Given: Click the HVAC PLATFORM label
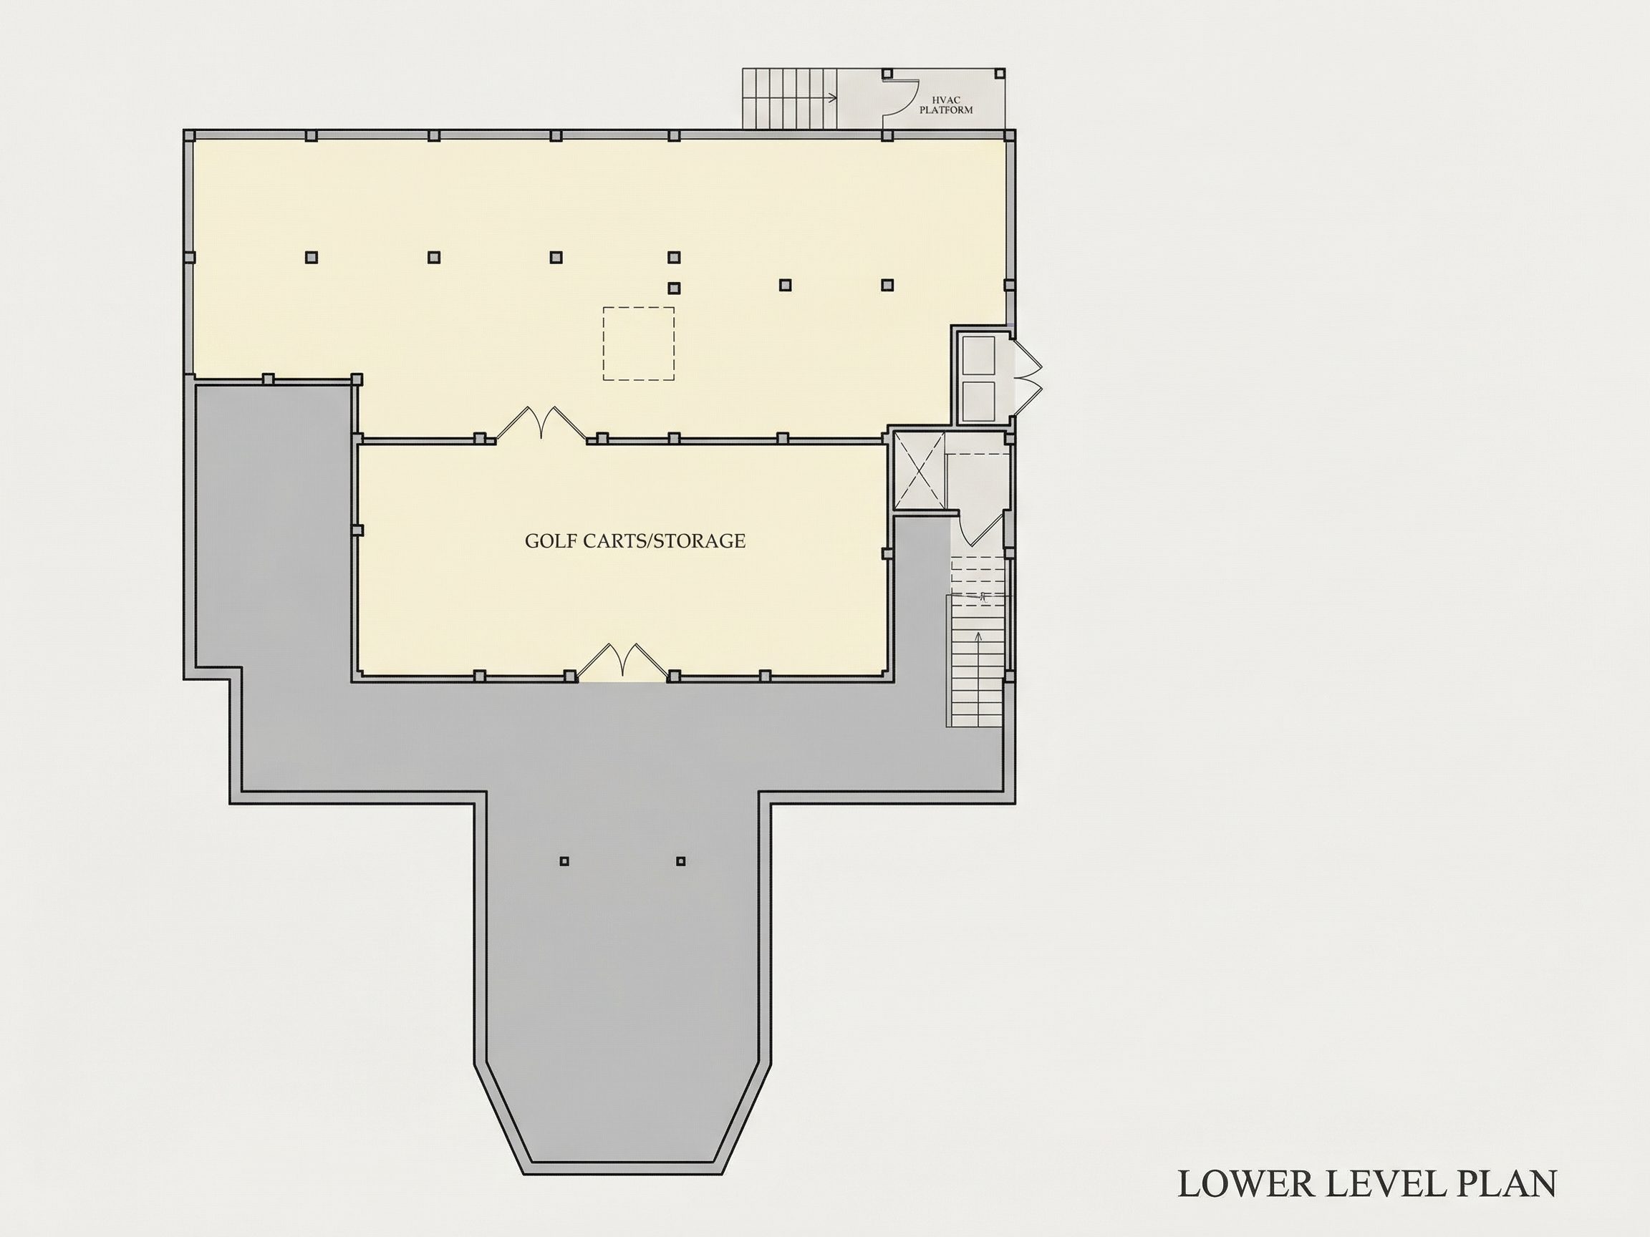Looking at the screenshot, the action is click(946, 105).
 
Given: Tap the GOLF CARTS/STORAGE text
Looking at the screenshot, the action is click(635, 541).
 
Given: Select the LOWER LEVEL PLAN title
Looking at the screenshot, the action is click(1367, 1184).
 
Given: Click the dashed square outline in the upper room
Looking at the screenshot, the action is click(639, 344).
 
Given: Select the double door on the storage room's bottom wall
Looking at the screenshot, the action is click(623, 661).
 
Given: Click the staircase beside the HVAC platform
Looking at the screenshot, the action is click(790, 98).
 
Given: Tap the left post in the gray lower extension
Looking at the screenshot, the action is click(564, 861).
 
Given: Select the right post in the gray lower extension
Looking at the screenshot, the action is click(680, 861).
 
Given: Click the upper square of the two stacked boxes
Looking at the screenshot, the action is click(979, 356).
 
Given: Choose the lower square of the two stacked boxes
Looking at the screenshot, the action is click(979, 401).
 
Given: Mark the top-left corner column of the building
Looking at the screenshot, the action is click(190, 136).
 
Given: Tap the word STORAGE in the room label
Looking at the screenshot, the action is click(700, 541).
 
